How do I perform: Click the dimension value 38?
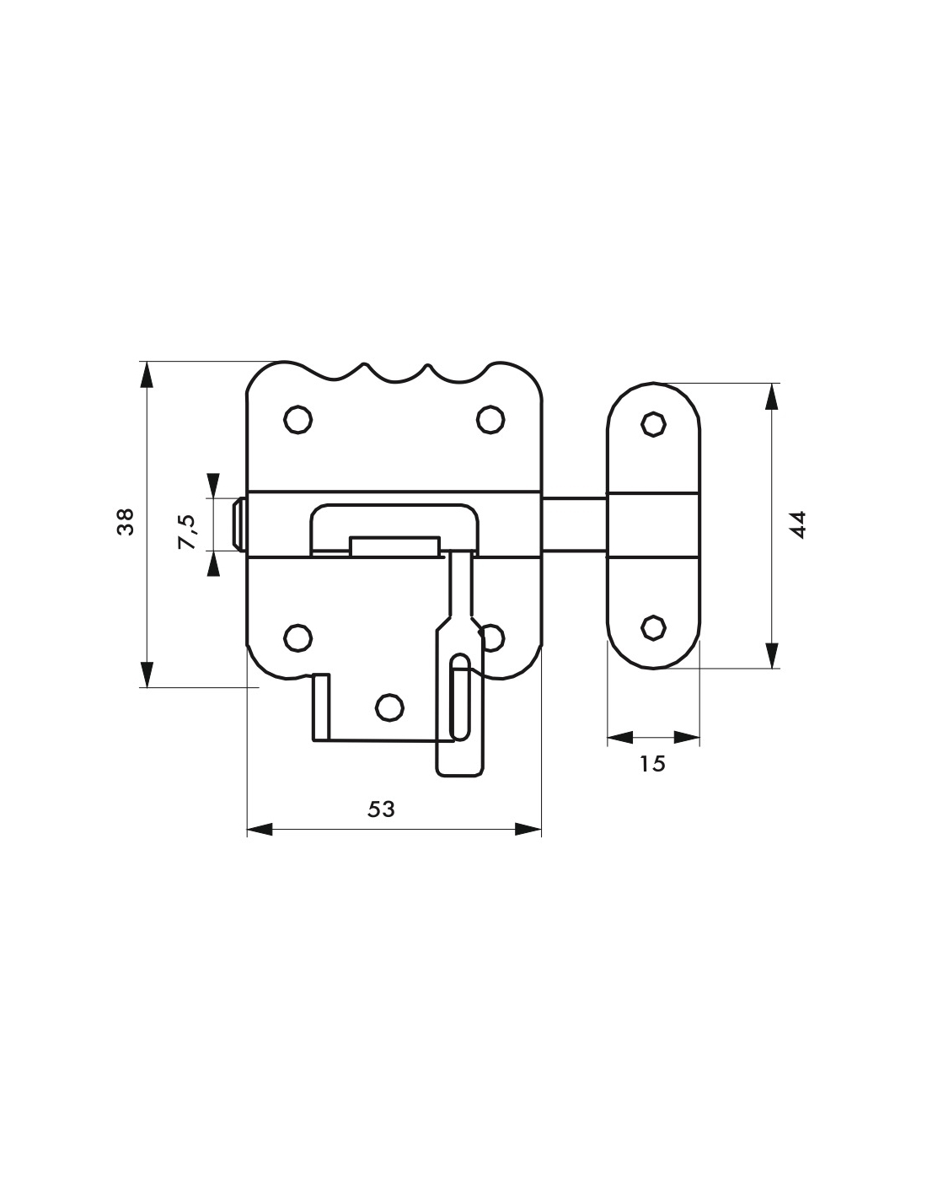126,521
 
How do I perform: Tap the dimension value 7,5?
188,531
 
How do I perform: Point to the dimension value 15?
652,764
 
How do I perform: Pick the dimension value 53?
382,809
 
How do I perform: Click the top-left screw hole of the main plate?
297,419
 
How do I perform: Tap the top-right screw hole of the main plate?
490,419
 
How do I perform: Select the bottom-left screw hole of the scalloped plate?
297,637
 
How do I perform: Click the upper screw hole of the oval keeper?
653,424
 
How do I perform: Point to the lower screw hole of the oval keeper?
653,627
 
